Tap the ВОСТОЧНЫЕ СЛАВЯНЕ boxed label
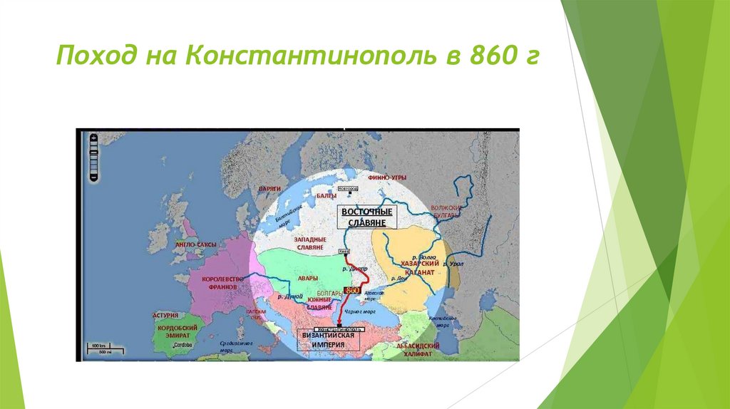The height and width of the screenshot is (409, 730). pos(367,218)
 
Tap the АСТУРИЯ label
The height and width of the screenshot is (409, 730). pos(165,314)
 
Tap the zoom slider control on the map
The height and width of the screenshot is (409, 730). pos(93,157)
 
